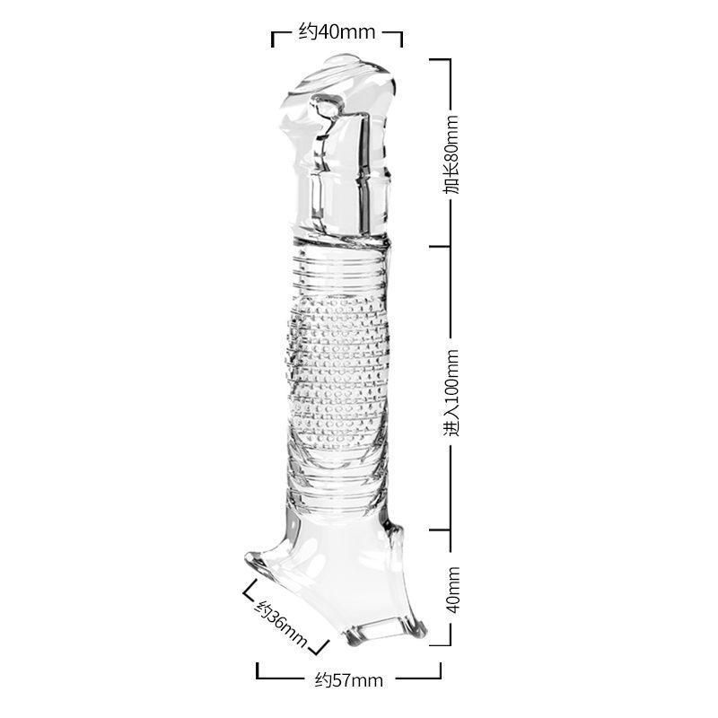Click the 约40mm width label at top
(337, 32)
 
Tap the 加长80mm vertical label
(452, 154)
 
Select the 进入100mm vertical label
(452, 392)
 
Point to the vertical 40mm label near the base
(453, 590)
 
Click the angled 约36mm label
(282, 623)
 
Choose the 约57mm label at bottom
(349, 680)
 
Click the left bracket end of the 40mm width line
(274, 39)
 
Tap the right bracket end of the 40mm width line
(400, 39)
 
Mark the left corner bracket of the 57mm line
(258, 671)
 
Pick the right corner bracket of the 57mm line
(439, 671)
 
